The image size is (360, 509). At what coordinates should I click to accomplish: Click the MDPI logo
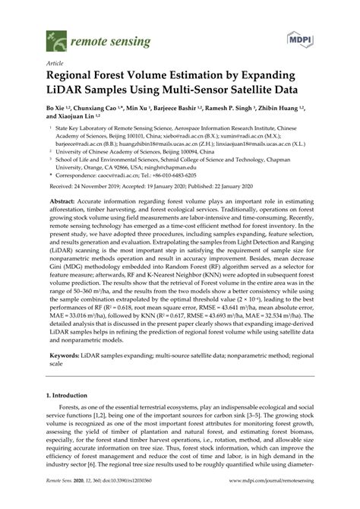tap(298, 37)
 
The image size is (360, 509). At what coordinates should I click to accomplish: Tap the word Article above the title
tap(55, 65)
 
